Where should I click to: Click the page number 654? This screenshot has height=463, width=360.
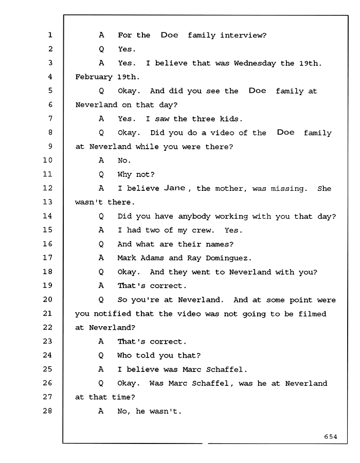coord(331,436)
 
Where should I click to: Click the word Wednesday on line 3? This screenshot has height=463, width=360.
coord(255,63)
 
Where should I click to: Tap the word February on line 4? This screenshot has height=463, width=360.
coord(94,77)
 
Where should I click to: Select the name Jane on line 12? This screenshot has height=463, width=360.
coord(175,188)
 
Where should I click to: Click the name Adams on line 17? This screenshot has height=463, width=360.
coord(152,258)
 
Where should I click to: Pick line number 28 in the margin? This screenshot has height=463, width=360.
coord(47,411)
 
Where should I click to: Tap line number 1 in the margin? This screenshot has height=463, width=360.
coord(50,35)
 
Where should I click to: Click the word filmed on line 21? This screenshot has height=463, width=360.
coord(312,314)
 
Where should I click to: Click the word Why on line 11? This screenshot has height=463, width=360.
coord(124,174)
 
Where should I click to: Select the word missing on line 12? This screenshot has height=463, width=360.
coord(287,189)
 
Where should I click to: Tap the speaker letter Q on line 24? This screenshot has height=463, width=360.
coord(101,355)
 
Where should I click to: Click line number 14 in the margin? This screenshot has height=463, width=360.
coord(47,216)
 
